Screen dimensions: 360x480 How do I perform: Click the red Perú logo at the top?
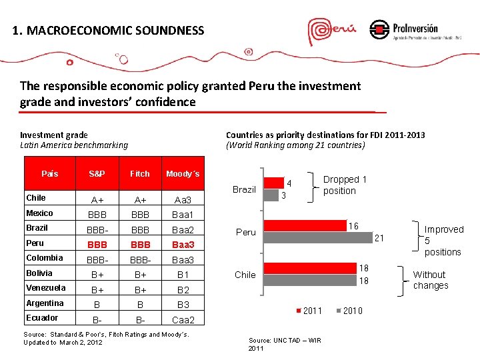click(332, 31)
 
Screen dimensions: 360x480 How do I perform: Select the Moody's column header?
click(183, 174)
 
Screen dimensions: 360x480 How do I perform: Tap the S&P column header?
click(97, 174)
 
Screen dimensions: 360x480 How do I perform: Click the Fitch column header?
click(140, 174)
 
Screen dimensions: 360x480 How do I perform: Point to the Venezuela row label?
click(46, 288)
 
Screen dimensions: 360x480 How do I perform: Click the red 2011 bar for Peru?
click(305, 226)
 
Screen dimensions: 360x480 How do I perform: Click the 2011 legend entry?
click(308, 311)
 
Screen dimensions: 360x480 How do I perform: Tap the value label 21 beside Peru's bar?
click(380, 237)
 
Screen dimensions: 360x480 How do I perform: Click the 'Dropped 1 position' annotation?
click(345, 185)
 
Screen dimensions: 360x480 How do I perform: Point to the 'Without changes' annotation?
click(430, 280)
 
